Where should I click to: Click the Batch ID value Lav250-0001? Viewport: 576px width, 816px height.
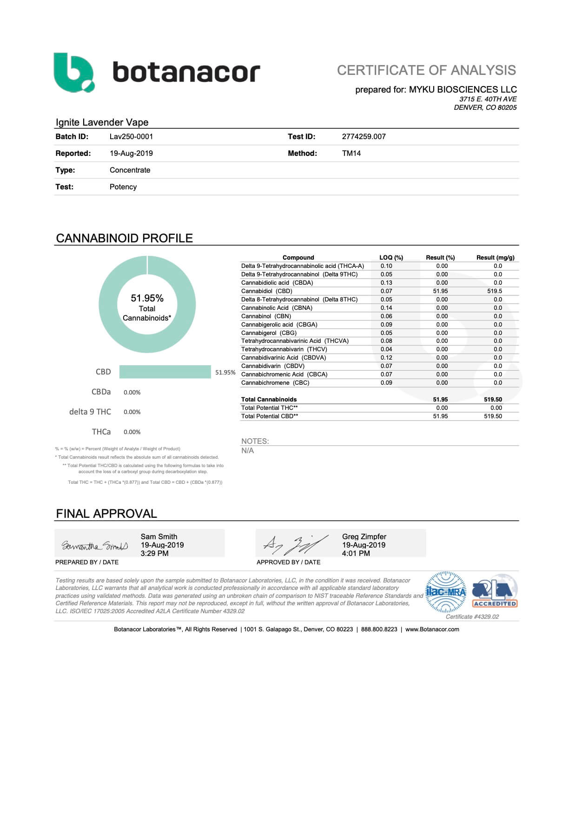131,137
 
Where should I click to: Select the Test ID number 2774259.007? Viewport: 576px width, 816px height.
364,137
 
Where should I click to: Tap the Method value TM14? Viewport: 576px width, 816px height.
351,154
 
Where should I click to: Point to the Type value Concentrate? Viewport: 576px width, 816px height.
130,170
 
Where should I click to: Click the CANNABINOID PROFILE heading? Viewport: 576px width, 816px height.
124,238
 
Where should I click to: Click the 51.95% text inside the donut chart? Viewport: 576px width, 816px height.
147,298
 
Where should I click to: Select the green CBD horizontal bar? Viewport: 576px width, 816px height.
165,372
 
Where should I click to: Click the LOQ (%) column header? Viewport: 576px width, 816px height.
391,257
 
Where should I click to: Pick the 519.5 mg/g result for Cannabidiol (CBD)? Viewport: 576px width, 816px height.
495,291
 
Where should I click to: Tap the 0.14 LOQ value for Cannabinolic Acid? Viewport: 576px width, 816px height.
386,308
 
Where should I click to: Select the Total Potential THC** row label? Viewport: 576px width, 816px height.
269,408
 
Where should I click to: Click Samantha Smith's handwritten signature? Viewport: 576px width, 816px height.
95,545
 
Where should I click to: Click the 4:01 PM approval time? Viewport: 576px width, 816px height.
356,554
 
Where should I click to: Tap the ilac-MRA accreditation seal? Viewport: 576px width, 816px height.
446,592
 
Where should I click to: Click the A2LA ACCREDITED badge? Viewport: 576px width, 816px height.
495,592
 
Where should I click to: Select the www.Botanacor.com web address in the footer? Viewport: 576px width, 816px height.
432,629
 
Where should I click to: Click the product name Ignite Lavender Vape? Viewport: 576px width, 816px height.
102,122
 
